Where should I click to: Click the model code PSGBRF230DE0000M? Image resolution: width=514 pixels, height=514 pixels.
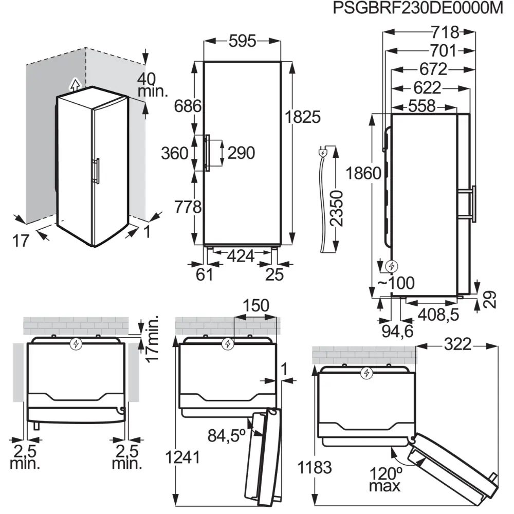tap(417, 10)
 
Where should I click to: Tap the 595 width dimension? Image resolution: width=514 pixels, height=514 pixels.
tap(243, 42)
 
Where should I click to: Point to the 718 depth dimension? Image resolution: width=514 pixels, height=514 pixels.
tap(445, 32)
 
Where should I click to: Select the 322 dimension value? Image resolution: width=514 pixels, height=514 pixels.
tap(457, 345)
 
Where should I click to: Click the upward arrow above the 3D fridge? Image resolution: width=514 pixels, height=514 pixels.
tap(75, 83)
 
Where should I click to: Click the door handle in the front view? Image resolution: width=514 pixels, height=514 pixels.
tap(207, 153)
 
